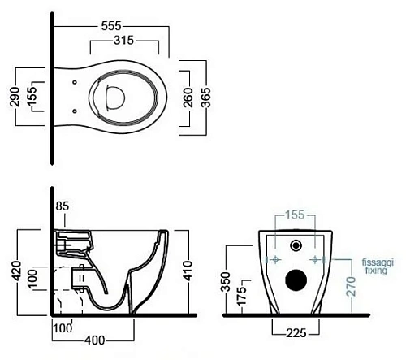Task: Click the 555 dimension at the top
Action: [111, 26]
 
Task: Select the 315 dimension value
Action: [123, 41]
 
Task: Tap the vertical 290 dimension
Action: [15, 97]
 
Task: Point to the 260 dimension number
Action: [188, 98]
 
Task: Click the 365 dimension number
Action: [205, 98]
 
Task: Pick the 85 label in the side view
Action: [63, 206]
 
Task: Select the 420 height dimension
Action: [16, 271]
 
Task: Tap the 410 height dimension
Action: [188, 271]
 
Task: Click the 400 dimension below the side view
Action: [95, 340]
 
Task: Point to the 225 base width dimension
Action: [296, 333]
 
